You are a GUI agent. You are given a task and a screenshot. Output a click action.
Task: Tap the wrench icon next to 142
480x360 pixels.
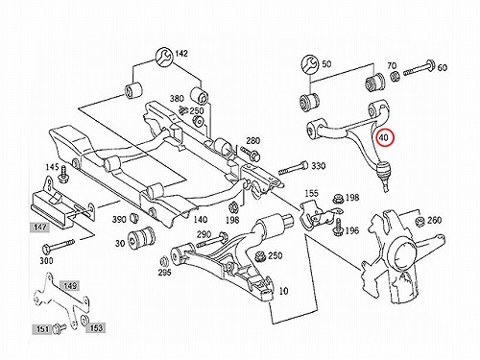click(164, 58)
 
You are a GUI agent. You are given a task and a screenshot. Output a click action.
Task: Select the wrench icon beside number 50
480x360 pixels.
click(310, 64)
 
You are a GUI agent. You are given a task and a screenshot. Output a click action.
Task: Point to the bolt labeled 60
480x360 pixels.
click(419, 69)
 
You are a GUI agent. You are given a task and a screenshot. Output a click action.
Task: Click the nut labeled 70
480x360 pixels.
click(395, 77)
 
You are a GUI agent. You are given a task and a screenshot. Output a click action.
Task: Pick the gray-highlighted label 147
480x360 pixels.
click(40, 228)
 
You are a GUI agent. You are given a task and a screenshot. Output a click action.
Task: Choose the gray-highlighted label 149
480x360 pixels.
click(69, 285)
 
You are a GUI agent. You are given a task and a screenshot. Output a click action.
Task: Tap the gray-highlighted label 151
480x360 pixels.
click(41, 328)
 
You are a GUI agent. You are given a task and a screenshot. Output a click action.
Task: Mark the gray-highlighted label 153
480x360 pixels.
click(96, 327)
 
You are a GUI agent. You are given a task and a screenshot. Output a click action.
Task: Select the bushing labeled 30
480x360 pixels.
click(142, 238)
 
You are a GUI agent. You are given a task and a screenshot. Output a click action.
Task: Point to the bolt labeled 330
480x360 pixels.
click(293, 168)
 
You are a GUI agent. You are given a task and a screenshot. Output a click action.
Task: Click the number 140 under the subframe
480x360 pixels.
click(201, 219)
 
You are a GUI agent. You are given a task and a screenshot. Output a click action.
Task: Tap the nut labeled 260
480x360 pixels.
click(420, 221)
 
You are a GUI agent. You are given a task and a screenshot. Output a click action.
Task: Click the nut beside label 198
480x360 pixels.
click(338, 199)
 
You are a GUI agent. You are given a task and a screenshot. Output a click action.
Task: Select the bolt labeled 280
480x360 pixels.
click(251, 154)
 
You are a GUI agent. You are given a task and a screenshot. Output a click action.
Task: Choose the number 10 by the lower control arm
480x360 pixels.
click(283, 291)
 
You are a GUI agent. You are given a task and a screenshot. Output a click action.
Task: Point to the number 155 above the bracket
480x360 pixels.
click(311, 193)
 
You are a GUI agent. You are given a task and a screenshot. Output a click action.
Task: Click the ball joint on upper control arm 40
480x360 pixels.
click(383, 171)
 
